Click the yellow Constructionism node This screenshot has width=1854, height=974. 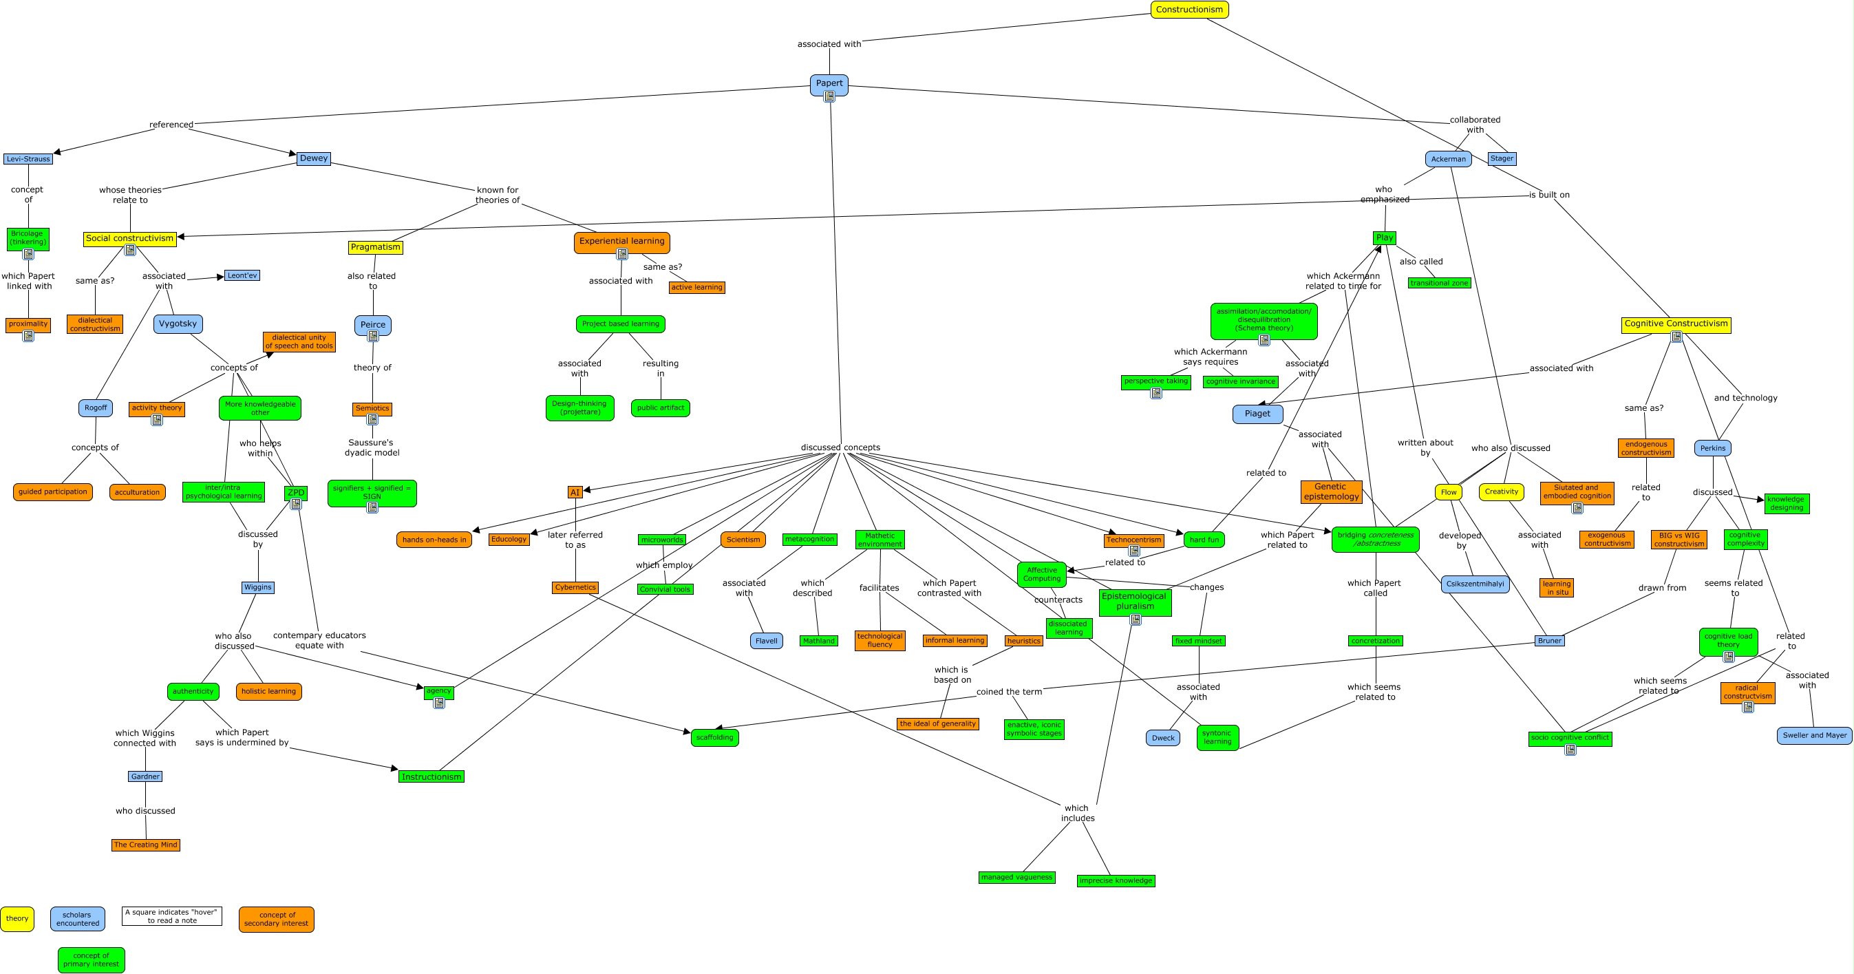click(1189, 10)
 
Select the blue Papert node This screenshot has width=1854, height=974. click(829, 83)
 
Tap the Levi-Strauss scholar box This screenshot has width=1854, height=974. click(28, 159)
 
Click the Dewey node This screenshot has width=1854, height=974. click(314, 158)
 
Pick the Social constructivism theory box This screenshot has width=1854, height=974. click(129, 238)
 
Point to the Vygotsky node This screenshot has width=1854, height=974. click(178, 324)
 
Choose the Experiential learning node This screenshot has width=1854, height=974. click(622, 241)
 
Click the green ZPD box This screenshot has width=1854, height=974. click(296, 492)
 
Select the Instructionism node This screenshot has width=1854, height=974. click(431, 776)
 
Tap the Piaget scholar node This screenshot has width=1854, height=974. click(1257, 414)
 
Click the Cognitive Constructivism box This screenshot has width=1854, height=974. click(1676, 324)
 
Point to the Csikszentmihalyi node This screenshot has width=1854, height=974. click(1475, 584)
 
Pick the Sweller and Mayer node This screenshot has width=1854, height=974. click(1814, 736)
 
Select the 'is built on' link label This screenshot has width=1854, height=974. click(1549, 195)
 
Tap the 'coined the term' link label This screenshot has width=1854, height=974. click(1009, 692)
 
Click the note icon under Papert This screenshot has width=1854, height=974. click(829, 97)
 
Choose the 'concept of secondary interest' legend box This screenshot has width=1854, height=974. click(277, 920)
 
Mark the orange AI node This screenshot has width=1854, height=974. click(575, 492)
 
